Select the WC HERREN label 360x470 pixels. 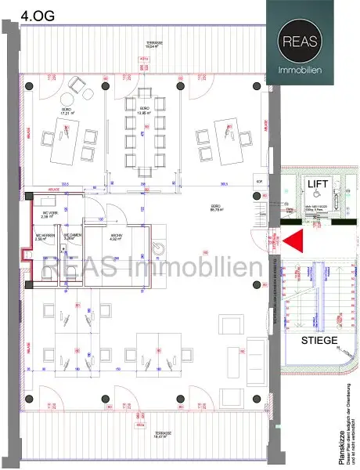pos(44,237)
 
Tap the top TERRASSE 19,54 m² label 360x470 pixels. pos(142,44)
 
